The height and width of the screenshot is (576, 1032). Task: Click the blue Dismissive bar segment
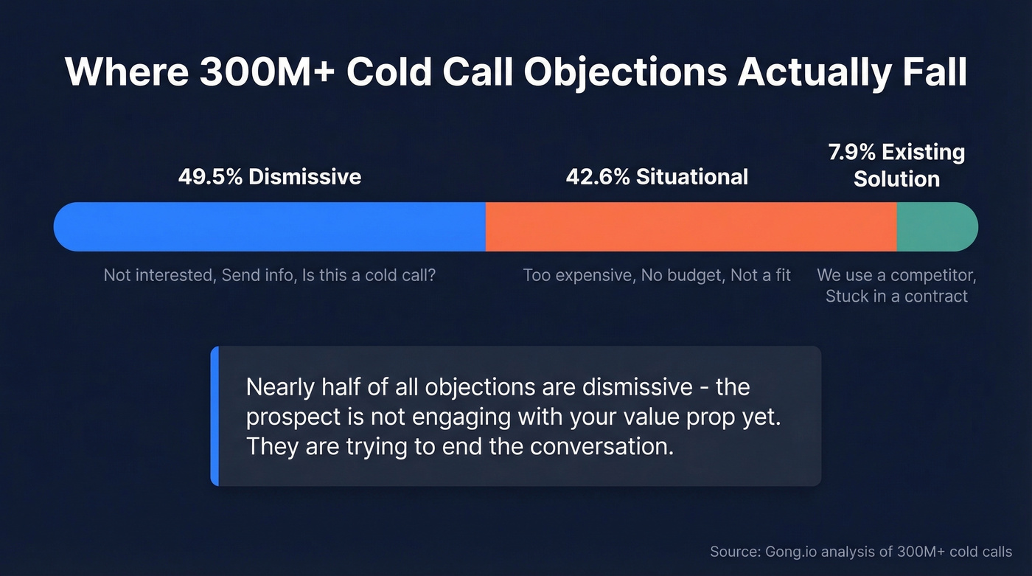[x=270, y=226]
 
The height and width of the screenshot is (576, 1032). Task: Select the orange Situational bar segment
[x=691, y=226]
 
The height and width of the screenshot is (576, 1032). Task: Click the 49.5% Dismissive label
[x=270, y=177]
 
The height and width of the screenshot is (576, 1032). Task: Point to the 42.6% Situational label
[x=657, y=177]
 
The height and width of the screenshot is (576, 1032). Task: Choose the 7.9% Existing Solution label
[x=896, y=165]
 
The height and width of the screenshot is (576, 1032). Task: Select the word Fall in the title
[x=932, y=72]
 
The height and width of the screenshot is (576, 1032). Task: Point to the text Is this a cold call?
[x=369, y=275]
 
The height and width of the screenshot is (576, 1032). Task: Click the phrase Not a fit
[x=761, y=275]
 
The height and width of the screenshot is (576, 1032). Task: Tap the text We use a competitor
[x=896, y=275]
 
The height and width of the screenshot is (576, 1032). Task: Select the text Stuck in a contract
[x=896, y=296]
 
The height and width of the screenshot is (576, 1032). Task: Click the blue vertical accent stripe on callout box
[x=215, y=416]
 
